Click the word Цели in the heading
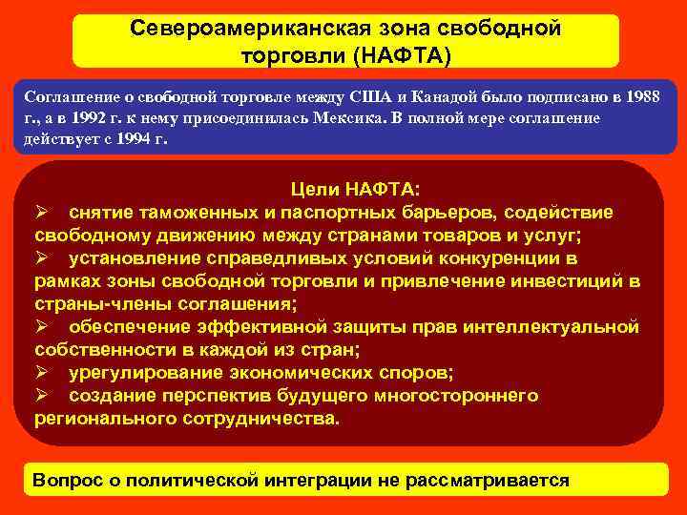[x=316, y=190]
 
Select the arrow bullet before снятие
[x=42, y=212]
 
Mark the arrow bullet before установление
[x=42, y=257]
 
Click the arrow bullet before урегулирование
[x=42, y=372]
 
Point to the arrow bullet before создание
[x=42, y=395]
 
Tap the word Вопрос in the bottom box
[x=65, y=480]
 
